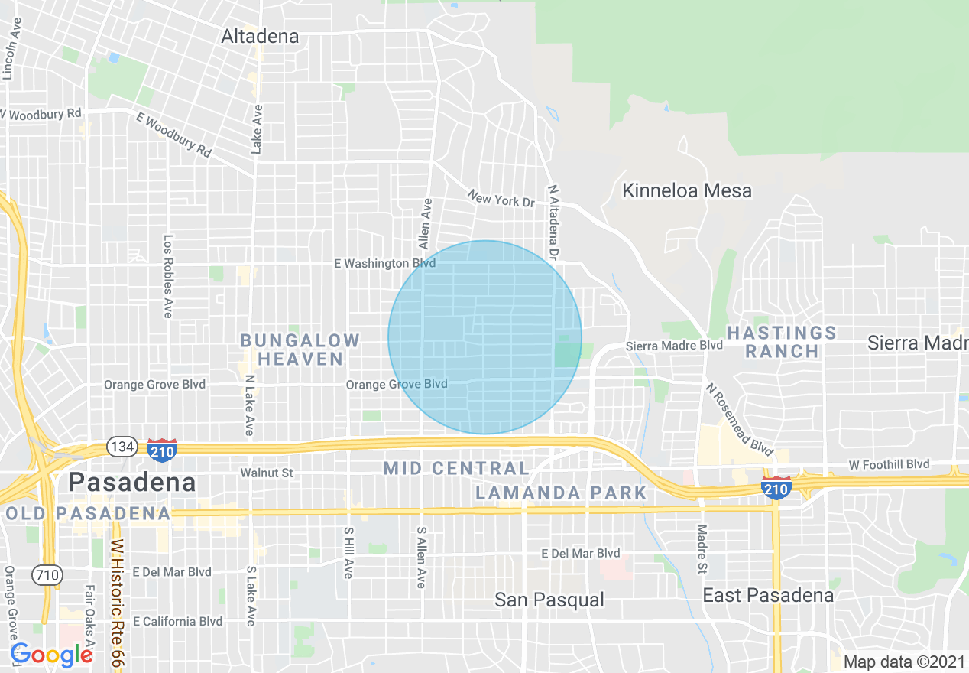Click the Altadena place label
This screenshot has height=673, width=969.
click(x=260, y=36)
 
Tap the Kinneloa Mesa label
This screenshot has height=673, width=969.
click(x=686, y=190)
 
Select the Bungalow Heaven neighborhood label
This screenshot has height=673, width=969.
click(x=300, y=350)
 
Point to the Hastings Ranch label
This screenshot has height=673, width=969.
click(x=782, y=342)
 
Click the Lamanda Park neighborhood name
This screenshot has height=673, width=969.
click(x=561, y=493)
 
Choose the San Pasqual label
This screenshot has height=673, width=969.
click(x=549, y=600)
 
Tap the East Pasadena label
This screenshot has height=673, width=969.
click(x=767, y=595)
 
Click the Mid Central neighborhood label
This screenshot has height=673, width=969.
click(x=455, y=468)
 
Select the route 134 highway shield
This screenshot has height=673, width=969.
click(x=122, y=447)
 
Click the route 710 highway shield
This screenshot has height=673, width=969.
click(x=47, y=574)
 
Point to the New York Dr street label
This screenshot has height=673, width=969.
click(x=501, y=200)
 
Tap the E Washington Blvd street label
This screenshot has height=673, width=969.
click(x=384, y=264)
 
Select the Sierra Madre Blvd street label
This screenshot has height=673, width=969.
click(x=674, y=346)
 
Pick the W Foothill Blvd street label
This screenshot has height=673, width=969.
click(x=889, y=464)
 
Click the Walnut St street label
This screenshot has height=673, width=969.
click(x=267, y=473)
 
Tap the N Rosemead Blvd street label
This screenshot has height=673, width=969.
click(x=739, y=418)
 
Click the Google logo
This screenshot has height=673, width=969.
click(x=51, y=655)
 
